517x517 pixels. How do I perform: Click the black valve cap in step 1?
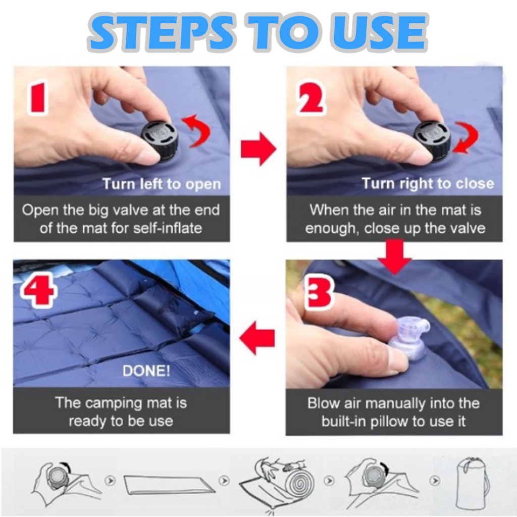pyautogui.click(x=160, y=140)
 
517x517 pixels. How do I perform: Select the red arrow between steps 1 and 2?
pyautogui.click(x=258, y=149)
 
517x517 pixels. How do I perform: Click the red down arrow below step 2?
pyautogui.click(x=395, y=257)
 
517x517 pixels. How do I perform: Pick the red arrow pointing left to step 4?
pyautogui.click(x=257, y=338)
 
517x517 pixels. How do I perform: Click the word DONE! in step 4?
pyautogui.click(x=146, y=371)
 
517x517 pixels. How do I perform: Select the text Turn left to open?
pyautogui.click(x=162, y=184)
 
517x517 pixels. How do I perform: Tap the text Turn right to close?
pyautogui.click(x=428, y=183)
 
